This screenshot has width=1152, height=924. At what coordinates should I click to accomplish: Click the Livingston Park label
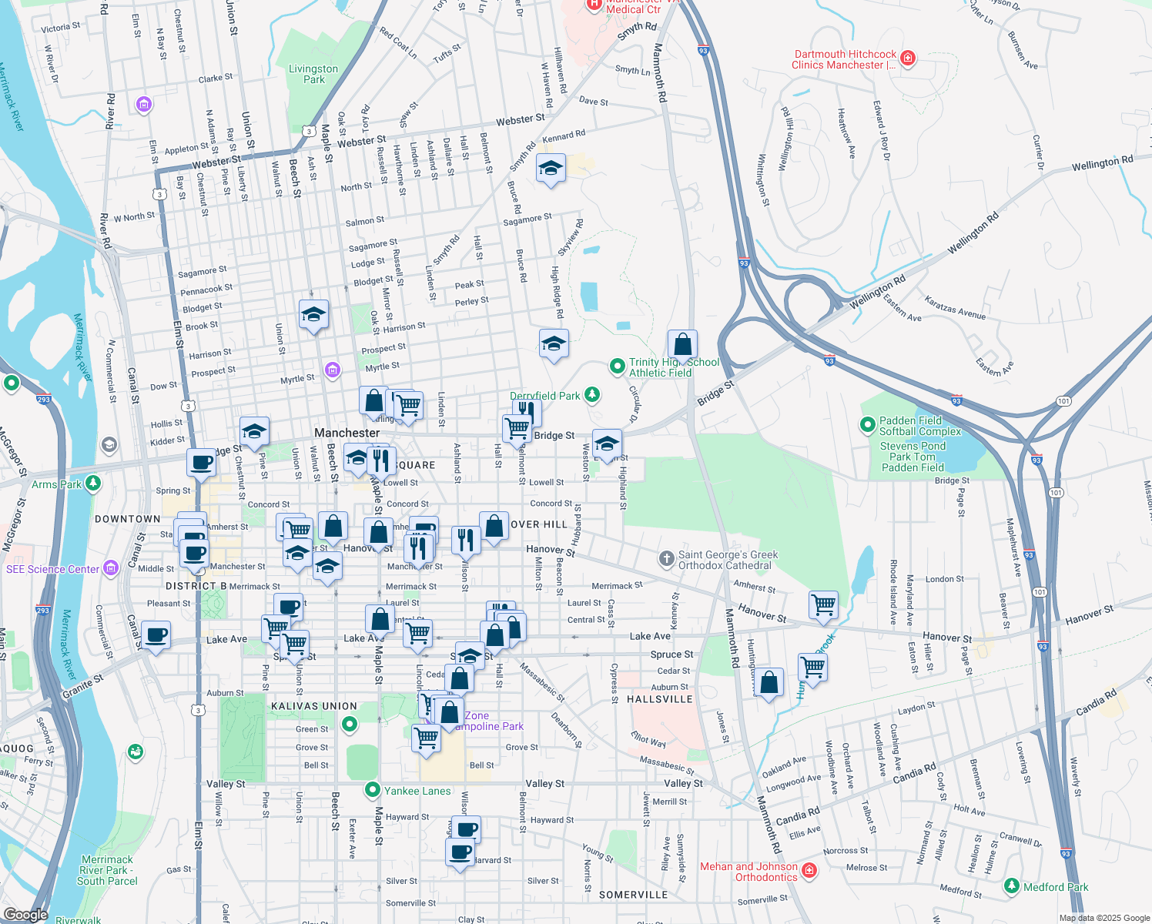313,74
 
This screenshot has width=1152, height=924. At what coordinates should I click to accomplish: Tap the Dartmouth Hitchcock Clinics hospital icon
908,59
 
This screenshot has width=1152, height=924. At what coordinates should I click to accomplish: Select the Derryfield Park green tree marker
591,395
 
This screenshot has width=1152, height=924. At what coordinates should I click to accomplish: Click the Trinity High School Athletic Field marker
617,367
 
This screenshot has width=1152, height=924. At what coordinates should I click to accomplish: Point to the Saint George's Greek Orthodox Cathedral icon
667,559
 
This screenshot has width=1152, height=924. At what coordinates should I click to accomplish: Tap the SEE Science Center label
53,569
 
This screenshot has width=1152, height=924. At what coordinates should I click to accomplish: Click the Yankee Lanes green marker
373,790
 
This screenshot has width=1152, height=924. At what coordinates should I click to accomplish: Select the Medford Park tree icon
1012,886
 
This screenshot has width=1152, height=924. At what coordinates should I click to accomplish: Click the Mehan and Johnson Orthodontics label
748,872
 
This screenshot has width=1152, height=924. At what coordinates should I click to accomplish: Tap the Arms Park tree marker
93,484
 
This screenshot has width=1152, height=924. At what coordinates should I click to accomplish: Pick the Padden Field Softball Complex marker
868,424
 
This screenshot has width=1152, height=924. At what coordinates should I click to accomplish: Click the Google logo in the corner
25,914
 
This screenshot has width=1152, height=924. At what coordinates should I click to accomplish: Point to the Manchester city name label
347,433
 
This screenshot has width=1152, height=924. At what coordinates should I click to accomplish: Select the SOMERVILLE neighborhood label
633,895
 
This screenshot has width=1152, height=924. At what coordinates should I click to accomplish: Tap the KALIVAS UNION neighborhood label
314,706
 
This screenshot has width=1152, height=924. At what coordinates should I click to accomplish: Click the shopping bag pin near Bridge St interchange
682,345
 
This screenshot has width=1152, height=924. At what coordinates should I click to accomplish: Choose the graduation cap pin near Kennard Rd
551,169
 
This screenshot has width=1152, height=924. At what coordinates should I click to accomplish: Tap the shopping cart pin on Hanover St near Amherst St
823,604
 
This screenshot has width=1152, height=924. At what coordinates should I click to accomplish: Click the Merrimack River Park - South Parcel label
107,870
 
